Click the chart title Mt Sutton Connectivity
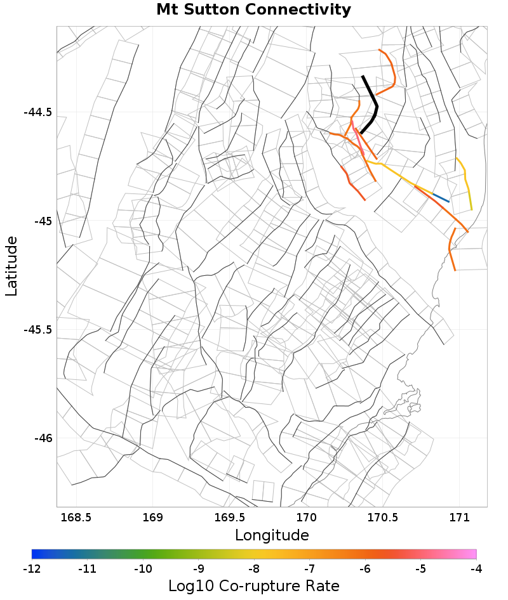[x=253, y=10]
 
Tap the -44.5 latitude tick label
[x=37, y=112]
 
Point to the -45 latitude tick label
[x=42, y=221]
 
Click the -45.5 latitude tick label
[x=37, y=330]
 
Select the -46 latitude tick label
[x=42, y=438]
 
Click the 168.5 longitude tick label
[x=76, y=517]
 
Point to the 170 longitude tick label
[x=307, y=517]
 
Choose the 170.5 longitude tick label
[x=384, y=517]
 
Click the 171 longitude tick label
[x=460, y=517]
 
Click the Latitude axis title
[x=11, y=266]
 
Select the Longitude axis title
[x=272, y=535]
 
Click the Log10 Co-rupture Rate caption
[x=253, y=585]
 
